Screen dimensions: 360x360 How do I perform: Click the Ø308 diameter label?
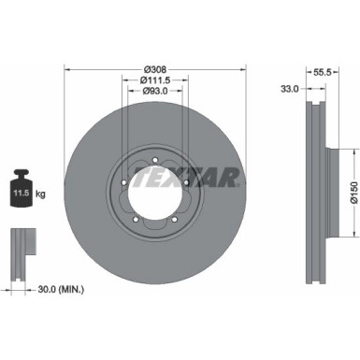point(155,69)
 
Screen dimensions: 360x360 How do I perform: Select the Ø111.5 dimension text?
point(155,80)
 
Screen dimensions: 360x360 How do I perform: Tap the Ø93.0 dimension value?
point(155,92)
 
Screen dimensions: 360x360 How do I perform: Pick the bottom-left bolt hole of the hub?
point(136,219)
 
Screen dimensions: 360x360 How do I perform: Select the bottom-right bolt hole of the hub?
point(175,219)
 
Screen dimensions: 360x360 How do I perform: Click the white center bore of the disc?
point(155,192)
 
